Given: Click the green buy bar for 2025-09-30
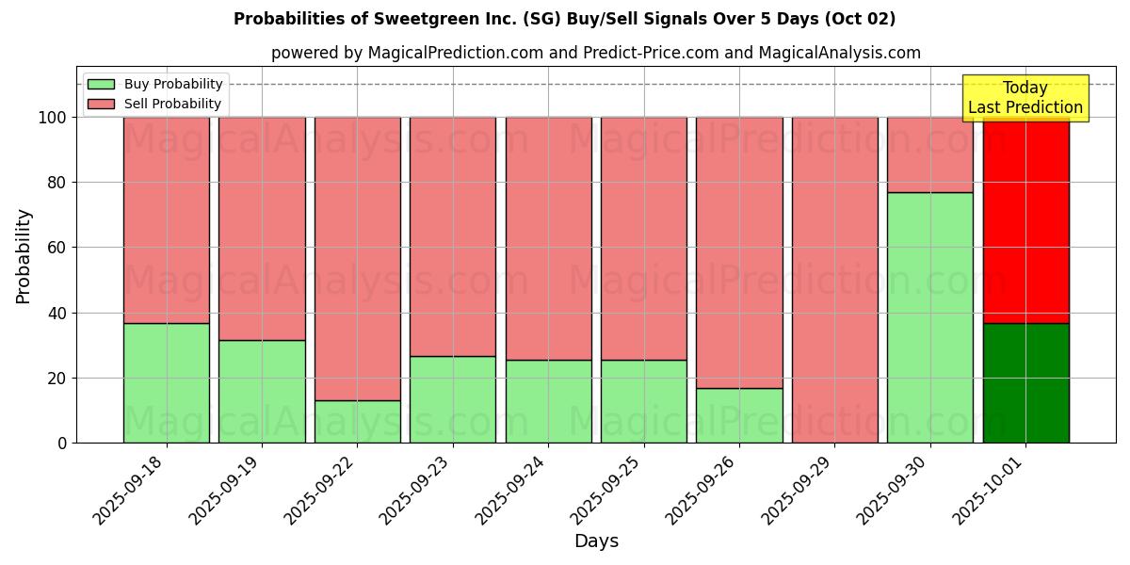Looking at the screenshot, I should pos(929,317).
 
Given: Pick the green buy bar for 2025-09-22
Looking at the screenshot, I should pos(357,422).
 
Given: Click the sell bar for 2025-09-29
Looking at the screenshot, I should pos(834,280).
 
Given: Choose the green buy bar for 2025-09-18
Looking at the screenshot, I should pos(166,383).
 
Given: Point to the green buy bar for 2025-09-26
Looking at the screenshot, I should pos(739,415).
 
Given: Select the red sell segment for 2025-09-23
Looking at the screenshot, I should pos(452,236).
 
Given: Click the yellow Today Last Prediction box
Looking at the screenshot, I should pos(1025,98).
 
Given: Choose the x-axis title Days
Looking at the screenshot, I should pos(596,541).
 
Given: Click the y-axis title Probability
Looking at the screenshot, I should pos(24,256).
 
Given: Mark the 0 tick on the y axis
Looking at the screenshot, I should pos(61,443).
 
